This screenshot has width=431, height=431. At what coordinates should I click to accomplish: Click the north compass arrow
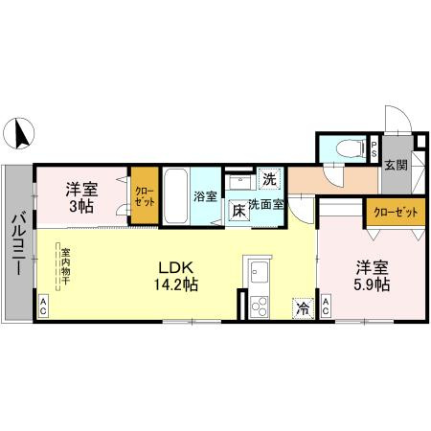(x=18, y=134)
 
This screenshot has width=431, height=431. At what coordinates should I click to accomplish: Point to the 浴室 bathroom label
(x=205, y=197)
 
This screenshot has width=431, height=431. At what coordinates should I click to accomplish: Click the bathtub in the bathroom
(x=175, y=195)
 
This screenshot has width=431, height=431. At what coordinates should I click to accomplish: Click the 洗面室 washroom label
(x=266, y=204)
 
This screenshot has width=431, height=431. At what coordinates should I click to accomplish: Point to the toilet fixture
(x=352, y=147)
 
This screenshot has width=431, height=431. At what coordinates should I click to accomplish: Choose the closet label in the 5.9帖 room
(x=394, y=212)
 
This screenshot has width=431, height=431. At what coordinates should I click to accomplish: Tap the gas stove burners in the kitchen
(x=258, y=306)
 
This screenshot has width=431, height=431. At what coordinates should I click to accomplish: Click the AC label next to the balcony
(x=43, y=307)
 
